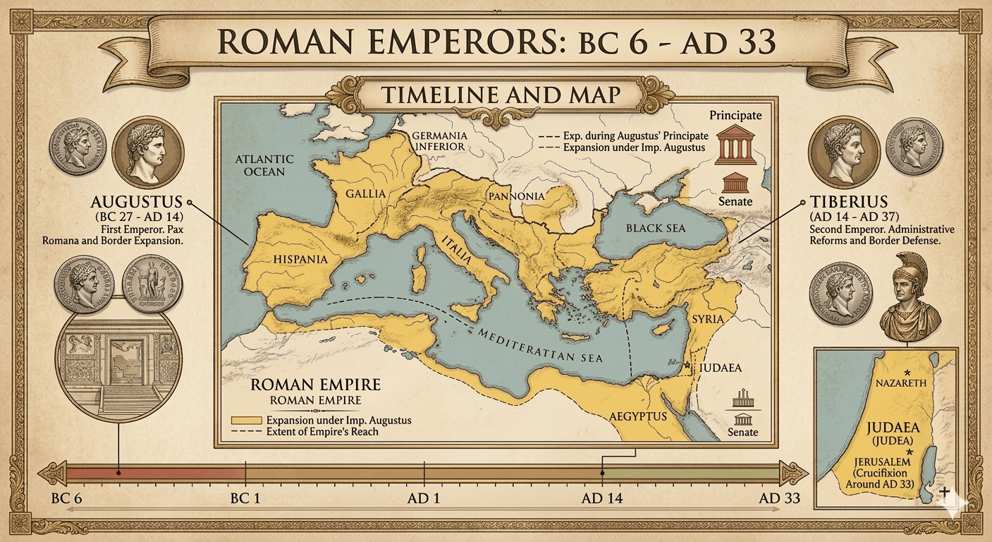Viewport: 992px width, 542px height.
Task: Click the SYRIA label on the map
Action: pyautogui.click(x=708, y=319)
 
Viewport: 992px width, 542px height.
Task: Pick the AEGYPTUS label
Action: pyautogui.click(x=639, y=416)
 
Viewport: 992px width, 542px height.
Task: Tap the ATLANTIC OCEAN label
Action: pyautogui.click(x=260, y=165)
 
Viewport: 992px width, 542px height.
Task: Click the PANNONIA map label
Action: pyautogui.click(x=515, y=195)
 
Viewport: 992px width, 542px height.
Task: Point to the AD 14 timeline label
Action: pyautogui.click(x=601, y=498)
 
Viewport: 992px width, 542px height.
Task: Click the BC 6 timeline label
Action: pyautogui.click(x=68, y=498)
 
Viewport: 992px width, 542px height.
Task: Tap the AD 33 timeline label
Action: pyautogui.click(x=779, y=498)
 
